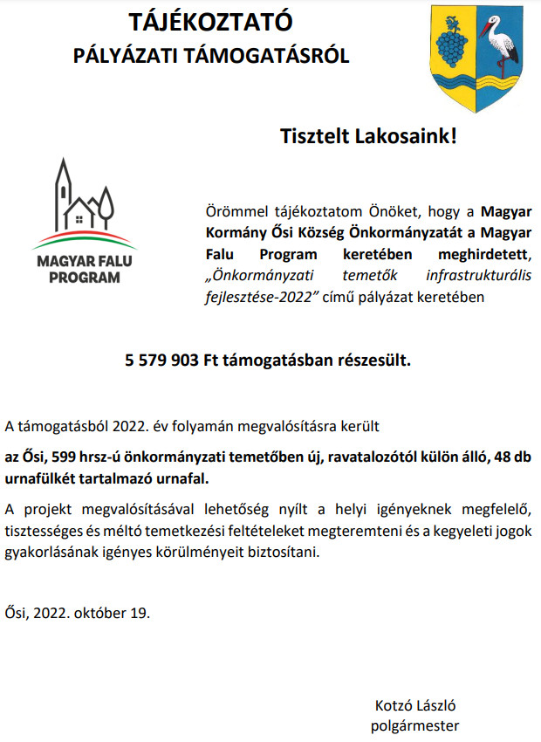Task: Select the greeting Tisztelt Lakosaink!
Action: (x=368, y=136)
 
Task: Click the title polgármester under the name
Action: (x=415, y=725)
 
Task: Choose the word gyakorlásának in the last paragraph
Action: (x=49, y=553)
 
